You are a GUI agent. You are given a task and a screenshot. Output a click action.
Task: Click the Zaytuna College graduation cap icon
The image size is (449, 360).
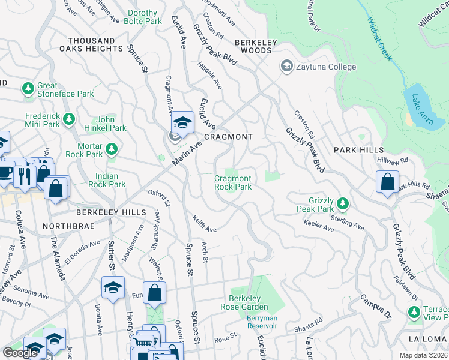(286, 67)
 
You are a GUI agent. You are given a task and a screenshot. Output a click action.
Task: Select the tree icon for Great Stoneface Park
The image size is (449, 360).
(28, 89)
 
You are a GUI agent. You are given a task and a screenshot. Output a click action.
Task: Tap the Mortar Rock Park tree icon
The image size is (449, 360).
(110, 148)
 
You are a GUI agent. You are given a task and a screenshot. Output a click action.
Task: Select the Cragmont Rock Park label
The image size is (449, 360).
(233, 182)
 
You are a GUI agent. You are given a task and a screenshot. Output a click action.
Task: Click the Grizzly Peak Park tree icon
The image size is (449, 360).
(342, 204)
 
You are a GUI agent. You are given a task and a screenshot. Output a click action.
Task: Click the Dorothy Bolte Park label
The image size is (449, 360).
(143, 17)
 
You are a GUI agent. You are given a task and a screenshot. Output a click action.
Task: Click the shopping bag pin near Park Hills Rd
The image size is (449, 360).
(388, 181)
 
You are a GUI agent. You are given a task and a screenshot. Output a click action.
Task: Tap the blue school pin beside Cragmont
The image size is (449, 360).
(182, 123)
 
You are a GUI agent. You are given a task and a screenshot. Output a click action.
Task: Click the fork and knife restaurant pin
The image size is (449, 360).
(25, 175)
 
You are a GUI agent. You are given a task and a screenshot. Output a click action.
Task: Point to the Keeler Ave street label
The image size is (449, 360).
(319, 229)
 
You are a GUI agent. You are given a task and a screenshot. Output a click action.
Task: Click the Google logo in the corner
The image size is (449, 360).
(20, 353)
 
